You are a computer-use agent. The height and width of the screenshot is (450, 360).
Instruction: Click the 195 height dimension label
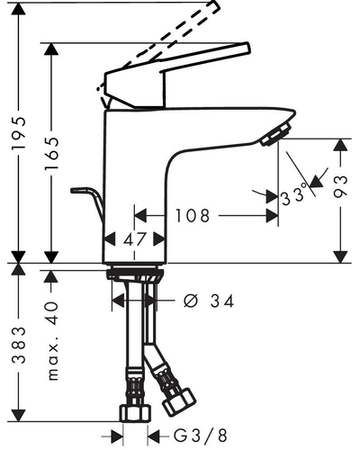pyautogui.click(x=19, y=133)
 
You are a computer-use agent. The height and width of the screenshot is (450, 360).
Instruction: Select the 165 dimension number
pyautogui.click(x=51, y=154)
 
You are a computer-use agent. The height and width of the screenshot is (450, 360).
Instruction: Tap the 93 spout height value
pyautogui.click(x=341, y=186)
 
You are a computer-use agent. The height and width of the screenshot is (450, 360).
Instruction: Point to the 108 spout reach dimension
pyautogui.click(x=193, y=216)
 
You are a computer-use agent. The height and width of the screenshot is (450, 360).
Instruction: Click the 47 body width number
pyautogui.click(x=134, y=239)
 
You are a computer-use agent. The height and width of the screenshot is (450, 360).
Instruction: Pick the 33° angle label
pyautogui.click(x=294, y=195)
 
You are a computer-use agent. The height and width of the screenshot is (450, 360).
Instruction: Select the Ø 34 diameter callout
pyautogui.click(x=208, y=301)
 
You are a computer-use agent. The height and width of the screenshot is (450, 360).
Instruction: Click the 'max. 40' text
pyautogui.click(x=53, y=341)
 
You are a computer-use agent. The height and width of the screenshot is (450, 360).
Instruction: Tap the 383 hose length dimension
pyautogui.click(x=19, y=346)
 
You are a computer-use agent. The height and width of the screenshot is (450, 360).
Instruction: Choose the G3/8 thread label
pyautogui.click(x=201, y=436)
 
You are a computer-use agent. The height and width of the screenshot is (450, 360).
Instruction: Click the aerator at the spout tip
pyautogui.click(x=276, y=135)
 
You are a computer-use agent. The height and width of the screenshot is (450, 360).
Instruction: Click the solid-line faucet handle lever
pyautogui.click(x=177, y=75)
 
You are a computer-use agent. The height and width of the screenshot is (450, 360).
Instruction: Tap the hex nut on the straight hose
pyautogui.click(x=135, y=413)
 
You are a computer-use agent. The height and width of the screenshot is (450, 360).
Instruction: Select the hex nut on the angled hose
pyautogui.click(x=179, y=402)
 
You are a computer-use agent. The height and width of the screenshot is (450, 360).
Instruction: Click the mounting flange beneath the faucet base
pyautogui.click(x=135, y=274)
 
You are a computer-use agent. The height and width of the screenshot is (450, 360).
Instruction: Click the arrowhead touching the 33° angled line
pyautogui.click(x=316, y=181)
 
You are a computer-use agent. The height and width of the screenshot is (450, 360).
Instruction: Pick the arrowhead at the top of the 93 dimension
pyautogui.click(x=341, y=145)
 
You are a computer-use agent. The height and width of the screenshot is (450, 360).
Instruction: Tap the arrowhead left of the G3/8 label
pyautogui.click(x=117, y=436)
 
